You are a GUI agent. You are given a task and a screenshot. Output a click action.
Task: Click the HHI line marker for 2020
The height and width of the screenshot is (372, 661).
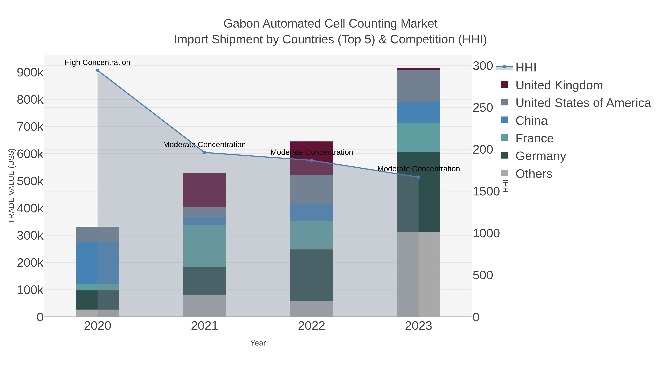pos(97,70)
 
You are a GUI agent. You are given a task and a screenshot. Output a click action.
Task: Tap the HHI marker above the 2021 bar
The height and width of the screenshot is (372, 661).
pos(205,152)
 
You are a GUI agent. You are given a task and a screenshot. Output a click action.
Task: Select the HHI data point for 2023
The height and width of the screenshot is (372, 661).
pos(418,177)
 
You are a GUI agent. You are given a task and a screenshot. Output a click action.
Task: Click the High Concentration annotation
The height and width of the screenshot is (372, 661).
pos(97,62)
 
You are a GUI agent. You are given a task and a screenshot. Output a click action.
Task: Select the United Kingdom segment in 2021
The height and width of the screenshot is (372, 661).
pos(205,190)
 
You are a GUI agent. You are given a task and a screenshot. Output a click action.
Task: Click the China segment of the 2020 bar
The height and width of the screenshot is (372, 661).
pos(97,263)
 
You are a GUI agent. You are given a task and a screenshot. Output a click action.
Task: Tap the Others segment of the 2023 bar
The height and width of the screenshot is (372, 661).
pos(418,274)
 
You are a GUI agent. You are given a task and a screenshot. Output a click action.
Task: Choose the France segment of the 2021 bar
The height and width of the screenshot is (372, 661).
pos(205,246)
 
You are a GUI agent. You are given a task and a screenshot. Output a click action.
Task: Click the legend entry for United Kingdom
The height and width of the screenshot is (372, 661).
pos(559,85)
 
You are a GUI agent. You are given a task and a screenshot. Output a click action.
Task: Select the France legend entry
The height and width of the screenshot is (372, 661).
pos(534,138)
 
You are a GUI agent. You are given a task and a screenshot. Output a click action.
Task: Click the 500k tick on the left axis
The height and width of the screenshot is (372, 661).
pos(30,181)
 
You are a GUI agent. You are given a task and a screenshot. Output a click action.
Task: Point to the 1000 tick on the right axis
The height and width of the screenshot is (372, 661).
pos(486,233)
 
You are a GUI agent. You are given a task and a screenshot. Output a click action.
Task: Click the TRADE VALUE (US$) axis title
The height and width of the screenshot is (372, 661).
pos(12,186)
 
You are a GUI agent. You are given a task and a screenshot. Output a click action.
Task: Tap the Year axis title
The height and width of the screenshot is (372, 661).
pos(258,343)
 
